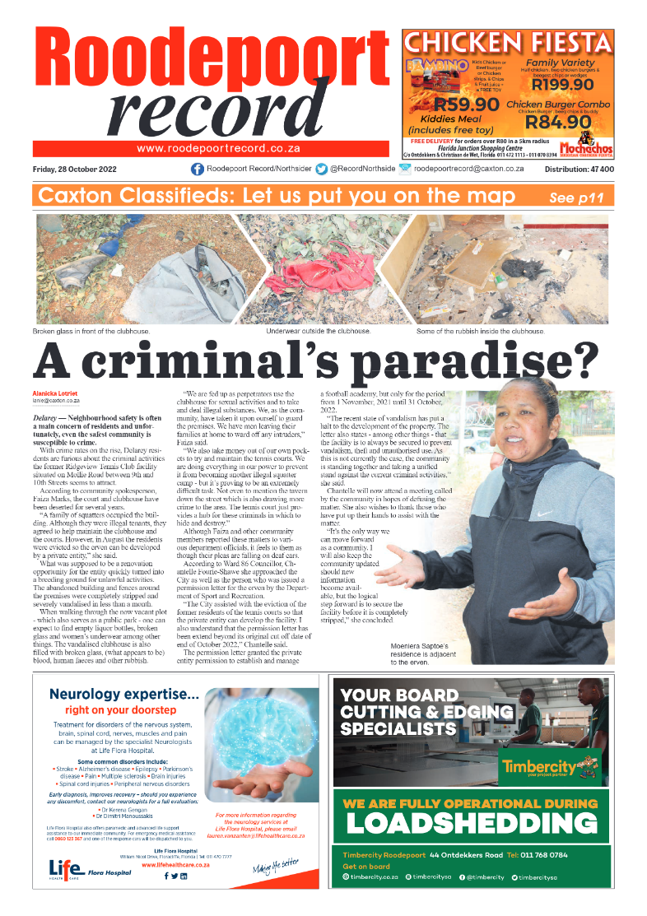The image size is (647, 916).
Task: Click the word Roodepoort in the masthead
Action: (202, 63)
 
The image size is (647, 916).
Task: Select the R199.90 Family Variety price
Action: (562, 84)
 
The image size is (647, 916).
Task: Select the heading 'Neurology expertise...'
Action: (124, 694)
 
